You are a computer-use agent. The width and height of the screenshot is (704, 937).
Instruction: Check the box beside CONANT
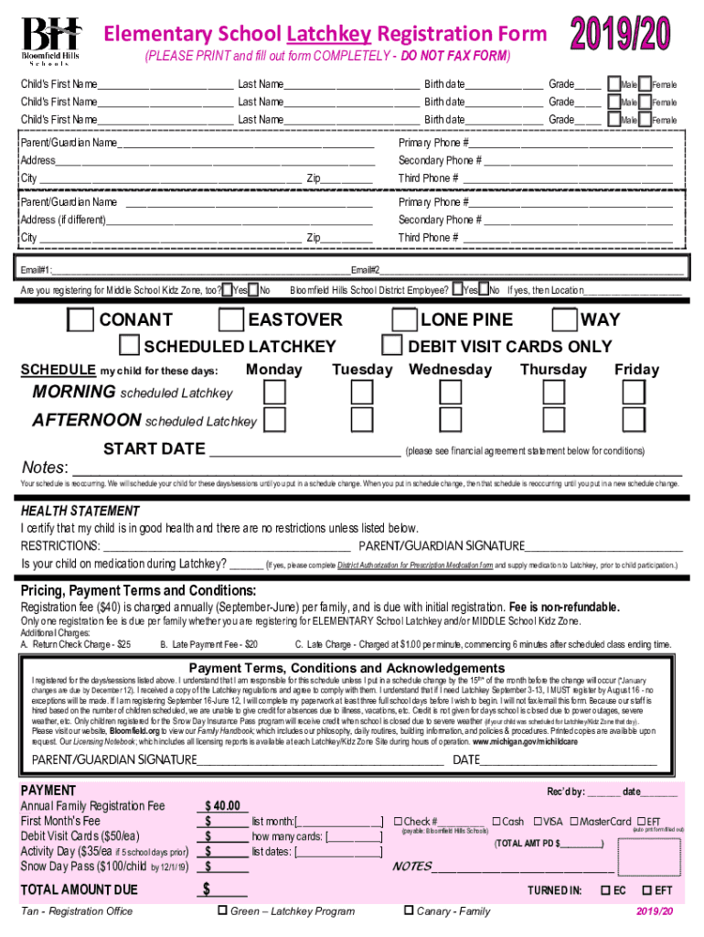tap(81, 320)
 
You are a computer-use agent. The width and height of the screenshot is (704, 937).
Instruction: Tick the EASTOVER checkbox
tap(231, 320)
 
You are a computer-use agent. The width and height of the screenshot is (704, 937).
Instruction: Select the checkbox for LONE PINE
tap(403, 320)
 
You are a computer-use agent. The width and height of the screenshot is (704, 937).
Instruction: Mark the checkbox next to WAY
tap(565, 320)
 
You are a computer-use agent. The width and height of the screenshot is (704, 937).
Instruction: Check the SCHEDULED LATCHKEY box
tap(129, 346)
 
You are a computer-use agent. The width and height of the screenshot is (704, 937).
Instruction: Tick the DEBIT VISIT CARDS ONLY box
tap(392, 346)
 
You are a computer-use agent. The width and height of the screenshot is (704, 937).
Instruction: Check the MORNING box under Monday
tap(273, 393)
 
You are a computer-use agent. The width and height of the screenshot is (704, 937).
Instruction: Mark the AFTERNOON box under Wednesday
tap(450, 421)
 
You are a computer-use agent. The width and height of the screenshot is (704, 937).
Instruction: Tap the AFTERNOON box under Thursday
tap(553, 421)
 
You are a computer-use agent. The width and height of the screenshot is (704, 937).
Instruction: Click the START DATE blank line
tap(304, 450)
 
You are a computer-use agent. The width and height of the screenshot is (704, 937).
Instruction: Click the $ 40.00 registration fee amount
tap(223, 806)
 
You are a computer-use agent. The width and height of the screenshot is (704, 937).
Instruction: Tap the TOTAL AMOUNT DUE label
tap(80, 889)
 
